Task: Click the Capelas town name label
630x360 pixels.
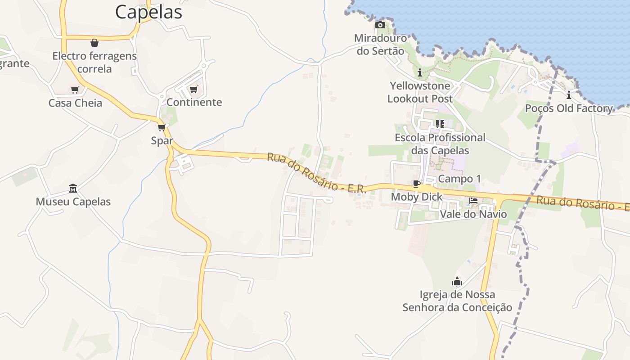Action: [x=148, y=12]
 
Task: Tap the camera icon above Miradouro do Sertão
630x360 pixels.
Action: [x=380, y=25]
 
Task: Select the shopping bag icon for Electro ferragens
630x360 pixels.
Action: [x=94, y=43]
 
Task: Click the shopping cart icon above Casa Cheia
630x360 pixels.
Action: [x=75, y=90]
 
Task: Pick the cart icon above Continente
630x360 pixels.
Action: [x=194, y=89]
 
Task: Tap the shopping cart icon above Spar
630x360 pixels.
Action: [x=162, y=127]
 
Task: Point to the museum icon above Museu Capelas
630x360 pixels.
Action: [x=73, y=188]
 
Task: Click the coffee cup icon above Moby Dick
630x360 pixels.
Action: [x=417, y=184]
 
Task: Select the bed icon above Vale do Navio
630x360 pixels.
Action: [x=473, y=201]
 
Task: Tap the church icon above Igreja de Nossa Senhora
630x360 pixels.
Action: [x=457, y=282]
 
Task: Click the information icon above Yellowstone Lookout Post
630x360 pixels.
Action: [x=420, y=72]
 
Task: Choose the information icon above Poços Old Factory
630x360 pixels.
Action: [x=569, y=95]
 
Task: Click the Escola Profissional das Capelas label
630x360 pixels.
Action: [x=440, y=144]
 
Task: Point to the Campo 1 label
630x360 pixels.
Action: [x=459, y=179]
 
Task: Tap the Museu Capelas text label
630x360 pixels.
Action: [x=73, y=202]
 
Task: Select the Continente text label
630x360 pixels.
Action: [x=194, y=102]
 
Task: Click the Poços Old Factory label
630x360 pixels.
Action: [x=569, y=108]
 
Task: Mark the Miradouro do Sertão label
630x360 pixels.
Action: [x=381, y=45]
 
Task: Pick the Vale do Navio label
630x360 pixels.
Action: [x=473, y=214]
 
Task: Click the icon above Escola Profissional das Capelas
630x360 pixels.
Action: [x=440, y=124]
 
